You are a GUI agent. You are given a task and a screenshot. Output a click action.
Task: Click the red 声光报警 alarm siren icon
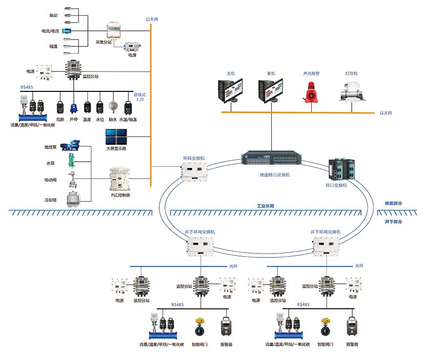[311, 91]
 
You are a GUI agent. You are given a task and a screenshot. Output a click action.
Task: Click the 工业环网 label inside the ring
[266, 206]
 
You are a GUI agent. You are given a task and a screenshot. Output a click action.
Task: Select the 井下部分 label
[394, 221]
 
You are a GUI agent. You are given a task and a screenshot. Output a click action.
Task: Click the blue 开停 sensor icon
[74, 108]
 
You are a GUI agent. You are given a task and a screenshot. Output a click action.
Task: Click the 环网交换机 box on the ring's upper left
[195, 171]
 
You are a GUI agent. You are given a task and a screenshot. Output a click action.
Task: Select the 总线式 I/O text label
[140, 97]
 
